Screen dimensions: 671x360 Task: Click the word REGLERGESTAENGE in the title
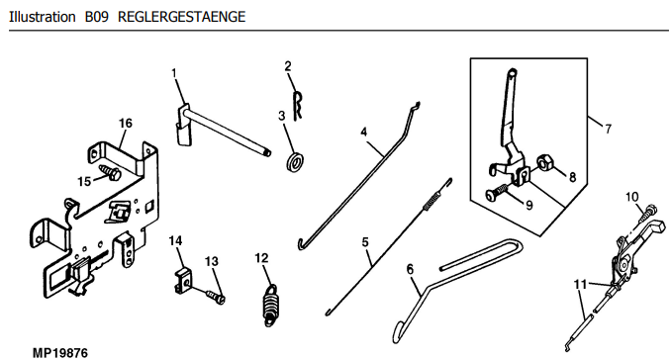coord(181,17)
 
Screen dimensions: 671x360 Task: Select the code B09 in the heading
coord(97,17)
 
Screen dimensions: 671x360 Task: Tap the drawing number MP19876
coord(60,353)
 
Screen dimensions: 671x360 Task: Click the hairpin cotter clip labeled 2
coord(298,105)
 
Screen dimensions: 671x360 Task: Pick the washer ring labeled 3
coord(294,161)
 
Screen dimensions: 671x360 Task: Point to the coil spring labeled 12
coord(270,305)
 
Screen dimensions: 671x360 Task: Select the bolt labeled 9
coord(497,192)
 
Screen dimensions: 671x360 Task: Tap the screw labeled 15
coord(110,172)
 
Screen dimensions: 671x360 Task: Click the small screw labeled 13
coord(215,297)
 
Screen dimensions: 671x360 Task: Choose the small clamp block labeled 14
coord(183,281)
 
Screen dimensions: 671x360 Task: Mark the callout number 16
coord(126,124)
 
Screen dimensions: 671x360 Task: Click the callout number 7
coord(608,129)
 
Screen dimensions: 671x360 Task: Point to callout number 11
coord(580,284)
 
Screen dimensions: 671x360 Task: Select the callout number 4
coord(364,132)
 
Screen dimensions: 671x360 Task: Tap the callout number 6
coord(410,269)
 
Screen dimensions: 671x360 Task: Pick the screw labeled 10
coord(646,214)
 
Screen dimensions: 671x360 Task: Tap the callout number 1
coord(174,73)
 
